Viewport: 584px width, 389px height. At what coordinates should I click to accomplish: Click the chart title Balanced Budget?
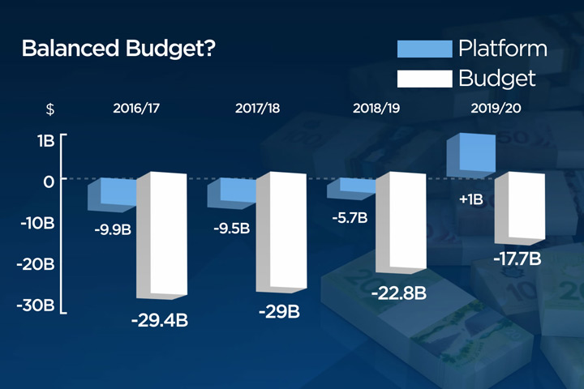pos(118,49)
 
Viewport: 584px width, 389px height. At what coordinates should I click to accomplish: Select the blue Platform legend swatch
pos(423,49)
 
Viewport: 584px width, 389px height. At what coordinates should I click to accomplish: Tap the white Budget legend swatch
pos(423,79)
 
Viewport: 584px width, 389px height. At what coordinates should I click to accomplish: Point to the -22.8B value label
pos(398,293)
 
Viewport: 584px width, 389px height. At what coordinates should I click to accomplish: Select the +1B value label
pos(471,198)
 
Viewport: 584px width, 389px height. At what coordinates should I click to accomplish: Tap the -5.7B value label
pos(349,218)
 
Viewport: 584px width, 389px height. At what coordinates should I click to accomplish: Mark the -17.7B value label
pos(517,260)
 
